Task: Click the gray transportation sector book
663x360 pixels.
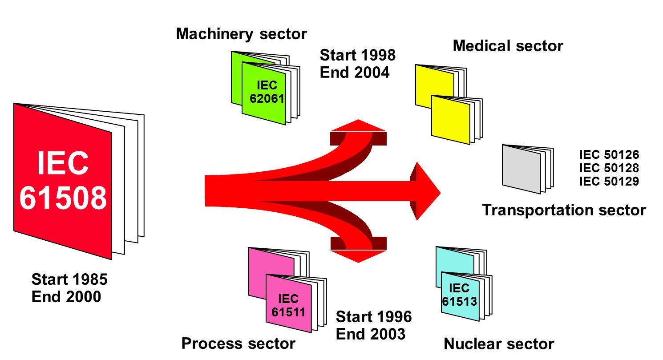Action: (x=527, y=169)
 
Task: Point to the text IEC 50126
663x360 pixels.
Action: (x=609, y=154)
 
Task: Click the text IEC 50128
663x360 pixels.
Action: (x=609, y=168)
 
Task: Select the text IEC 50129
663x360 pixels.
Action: (x=609, y=181)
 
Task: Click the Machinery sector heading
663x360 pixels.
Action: (x=241, y=34)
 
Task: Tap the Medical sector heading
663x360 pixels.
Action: (x=508, y=46)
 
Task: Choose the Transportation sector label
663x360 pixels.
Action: (x=564, y=210)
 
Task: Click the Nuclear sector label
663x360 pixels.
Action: (x=499, y=344)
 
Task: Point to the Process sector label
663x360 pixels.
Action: (x=238, y=344)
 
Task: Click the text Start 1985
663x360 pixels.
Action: (x=69, y=279)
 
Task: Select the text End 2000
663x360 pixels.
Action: (x=66, y=297)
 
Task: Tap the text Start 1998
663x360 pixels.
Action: (x=358, y=55)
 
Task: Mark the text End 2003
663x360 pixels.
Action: (x=371, y=334)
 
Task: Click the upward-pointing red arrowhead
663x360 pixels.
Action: (x=359, y=125)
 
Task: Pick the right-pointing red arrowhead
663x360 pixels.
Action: (x=425, y=191)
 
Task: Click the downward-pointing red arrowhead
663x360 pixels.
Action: (x=359, y=256)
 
